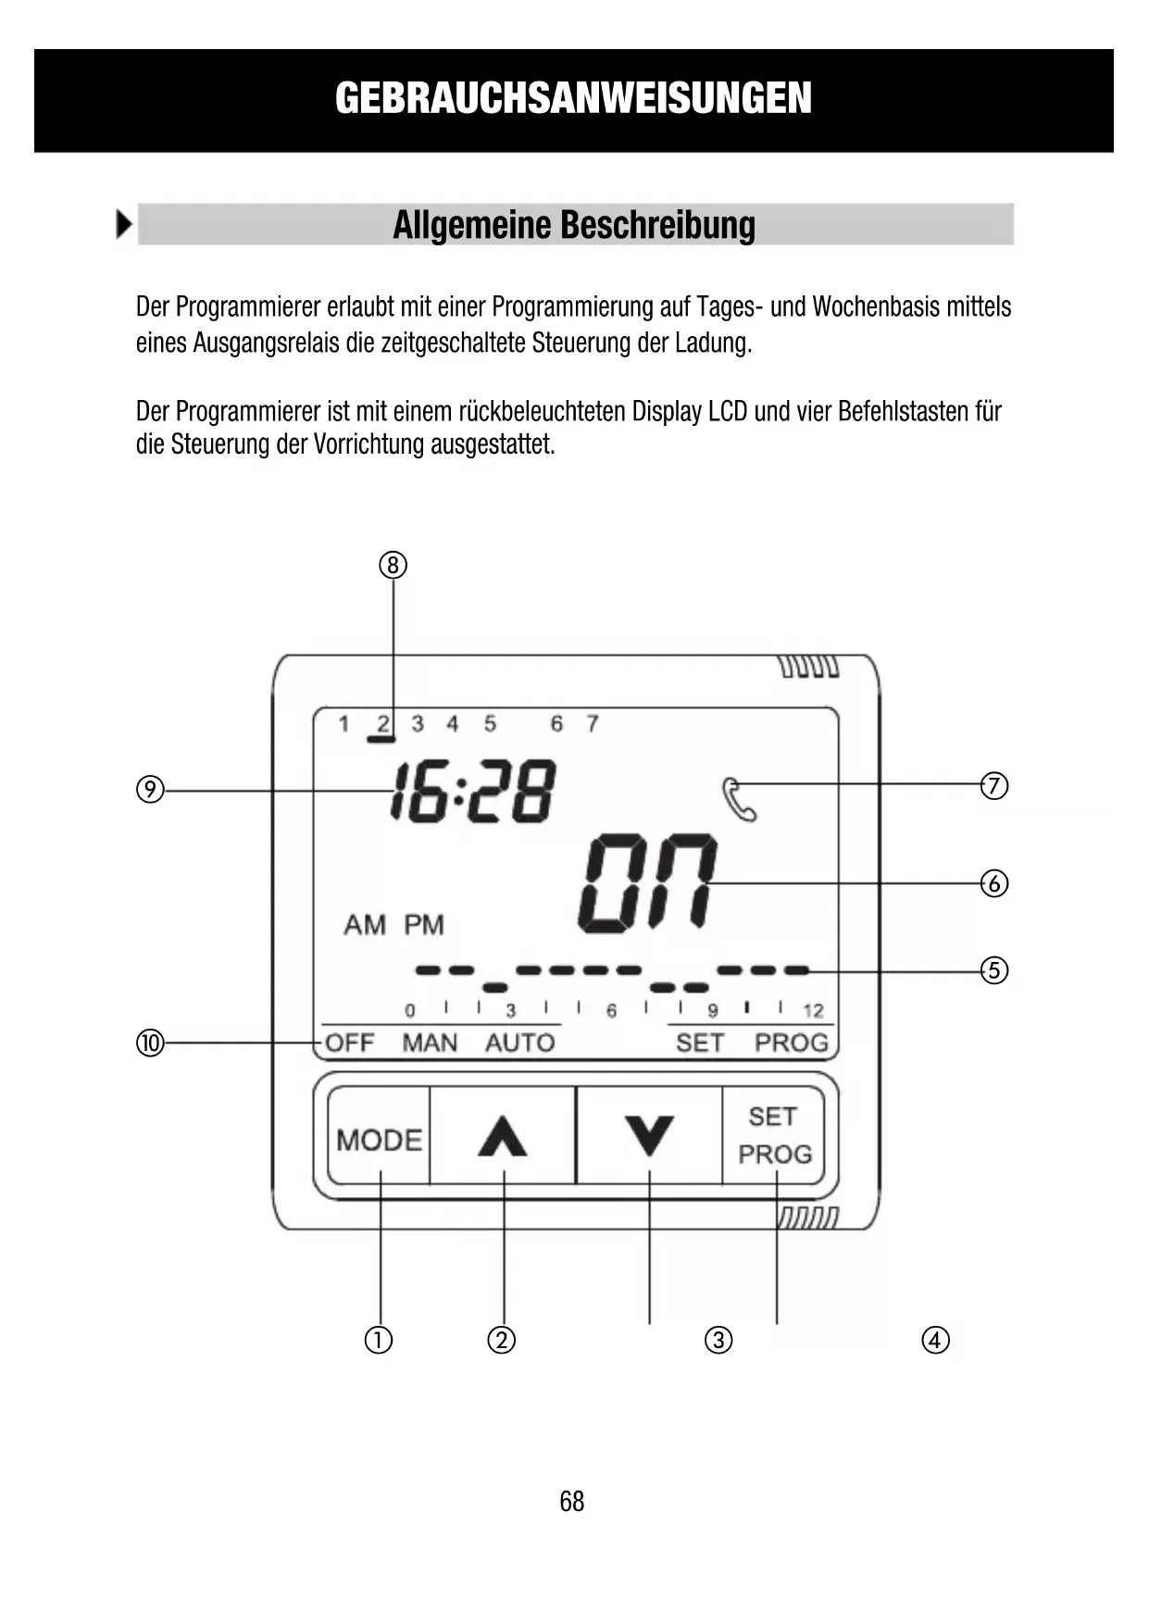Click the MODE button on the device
coord(379,1138)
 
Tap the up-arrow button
coord(503,1136)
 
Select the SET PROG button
coord(774,1136)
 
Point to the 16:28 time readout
coord(472,792)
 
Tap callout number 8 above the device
coord(393,565)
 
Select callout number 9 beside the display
coord(150,790)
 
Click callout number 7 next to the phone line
coord(993,786)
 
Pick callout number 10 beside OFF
coord(150,1043)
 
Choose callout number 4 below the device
coord(935,1340)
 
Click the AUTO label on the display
coord(519,1043)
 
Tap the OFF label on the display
coord(349,1043)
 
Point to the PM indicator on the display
coord(424,925)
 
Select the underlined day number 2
coord(382,724)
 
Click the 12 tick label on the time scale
coord(813,1011)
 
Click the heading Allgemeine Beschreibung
coord(574,225)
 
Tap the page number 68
coord(572,1501)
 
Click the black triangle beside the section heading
coord(123,225)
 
